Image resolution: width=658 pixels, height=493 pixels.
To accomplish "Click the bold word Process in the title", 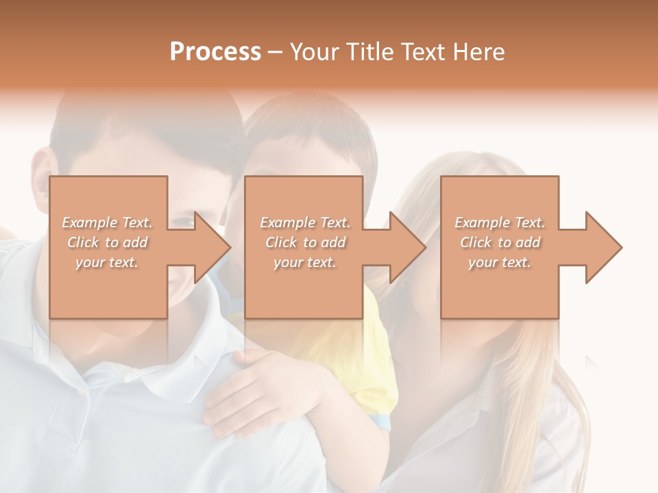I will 215,52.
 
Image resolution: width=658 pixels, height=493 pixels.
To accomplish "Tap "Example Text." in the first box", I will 107,223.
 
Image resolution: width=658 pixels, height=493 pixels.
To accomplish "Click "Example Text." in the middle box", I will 305,223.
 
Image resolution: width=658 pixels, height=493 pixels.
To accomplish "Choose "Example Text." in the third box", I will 500,223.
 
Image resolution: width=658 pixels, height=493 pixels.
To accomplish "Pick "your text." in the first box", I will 107,262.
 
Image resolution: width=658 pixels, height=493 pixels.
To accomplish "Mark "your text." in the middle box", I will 305,262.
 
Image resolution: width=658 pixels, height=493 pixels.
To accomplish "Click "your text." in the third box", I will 500,262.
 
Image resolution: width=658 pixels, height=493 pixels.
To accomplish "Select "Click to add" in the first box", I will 107,242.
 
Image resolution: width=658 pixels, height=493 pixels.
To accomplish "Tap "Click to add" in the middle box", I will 305,242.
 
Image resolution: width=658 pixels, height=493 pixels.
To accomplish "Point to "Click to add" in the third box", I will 500,242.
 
